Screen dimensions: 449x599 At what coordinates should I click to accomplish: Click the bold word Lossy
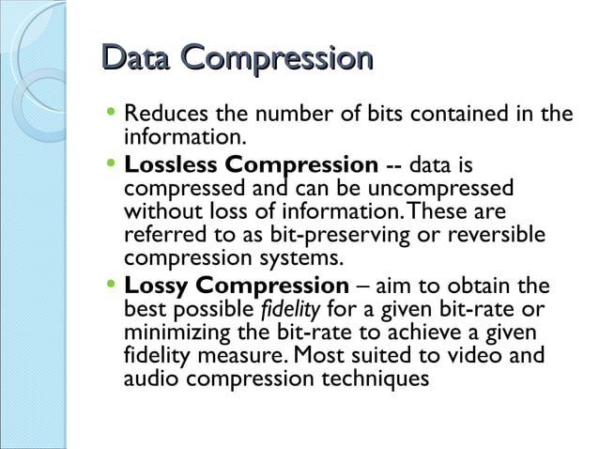click(155, 286)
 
